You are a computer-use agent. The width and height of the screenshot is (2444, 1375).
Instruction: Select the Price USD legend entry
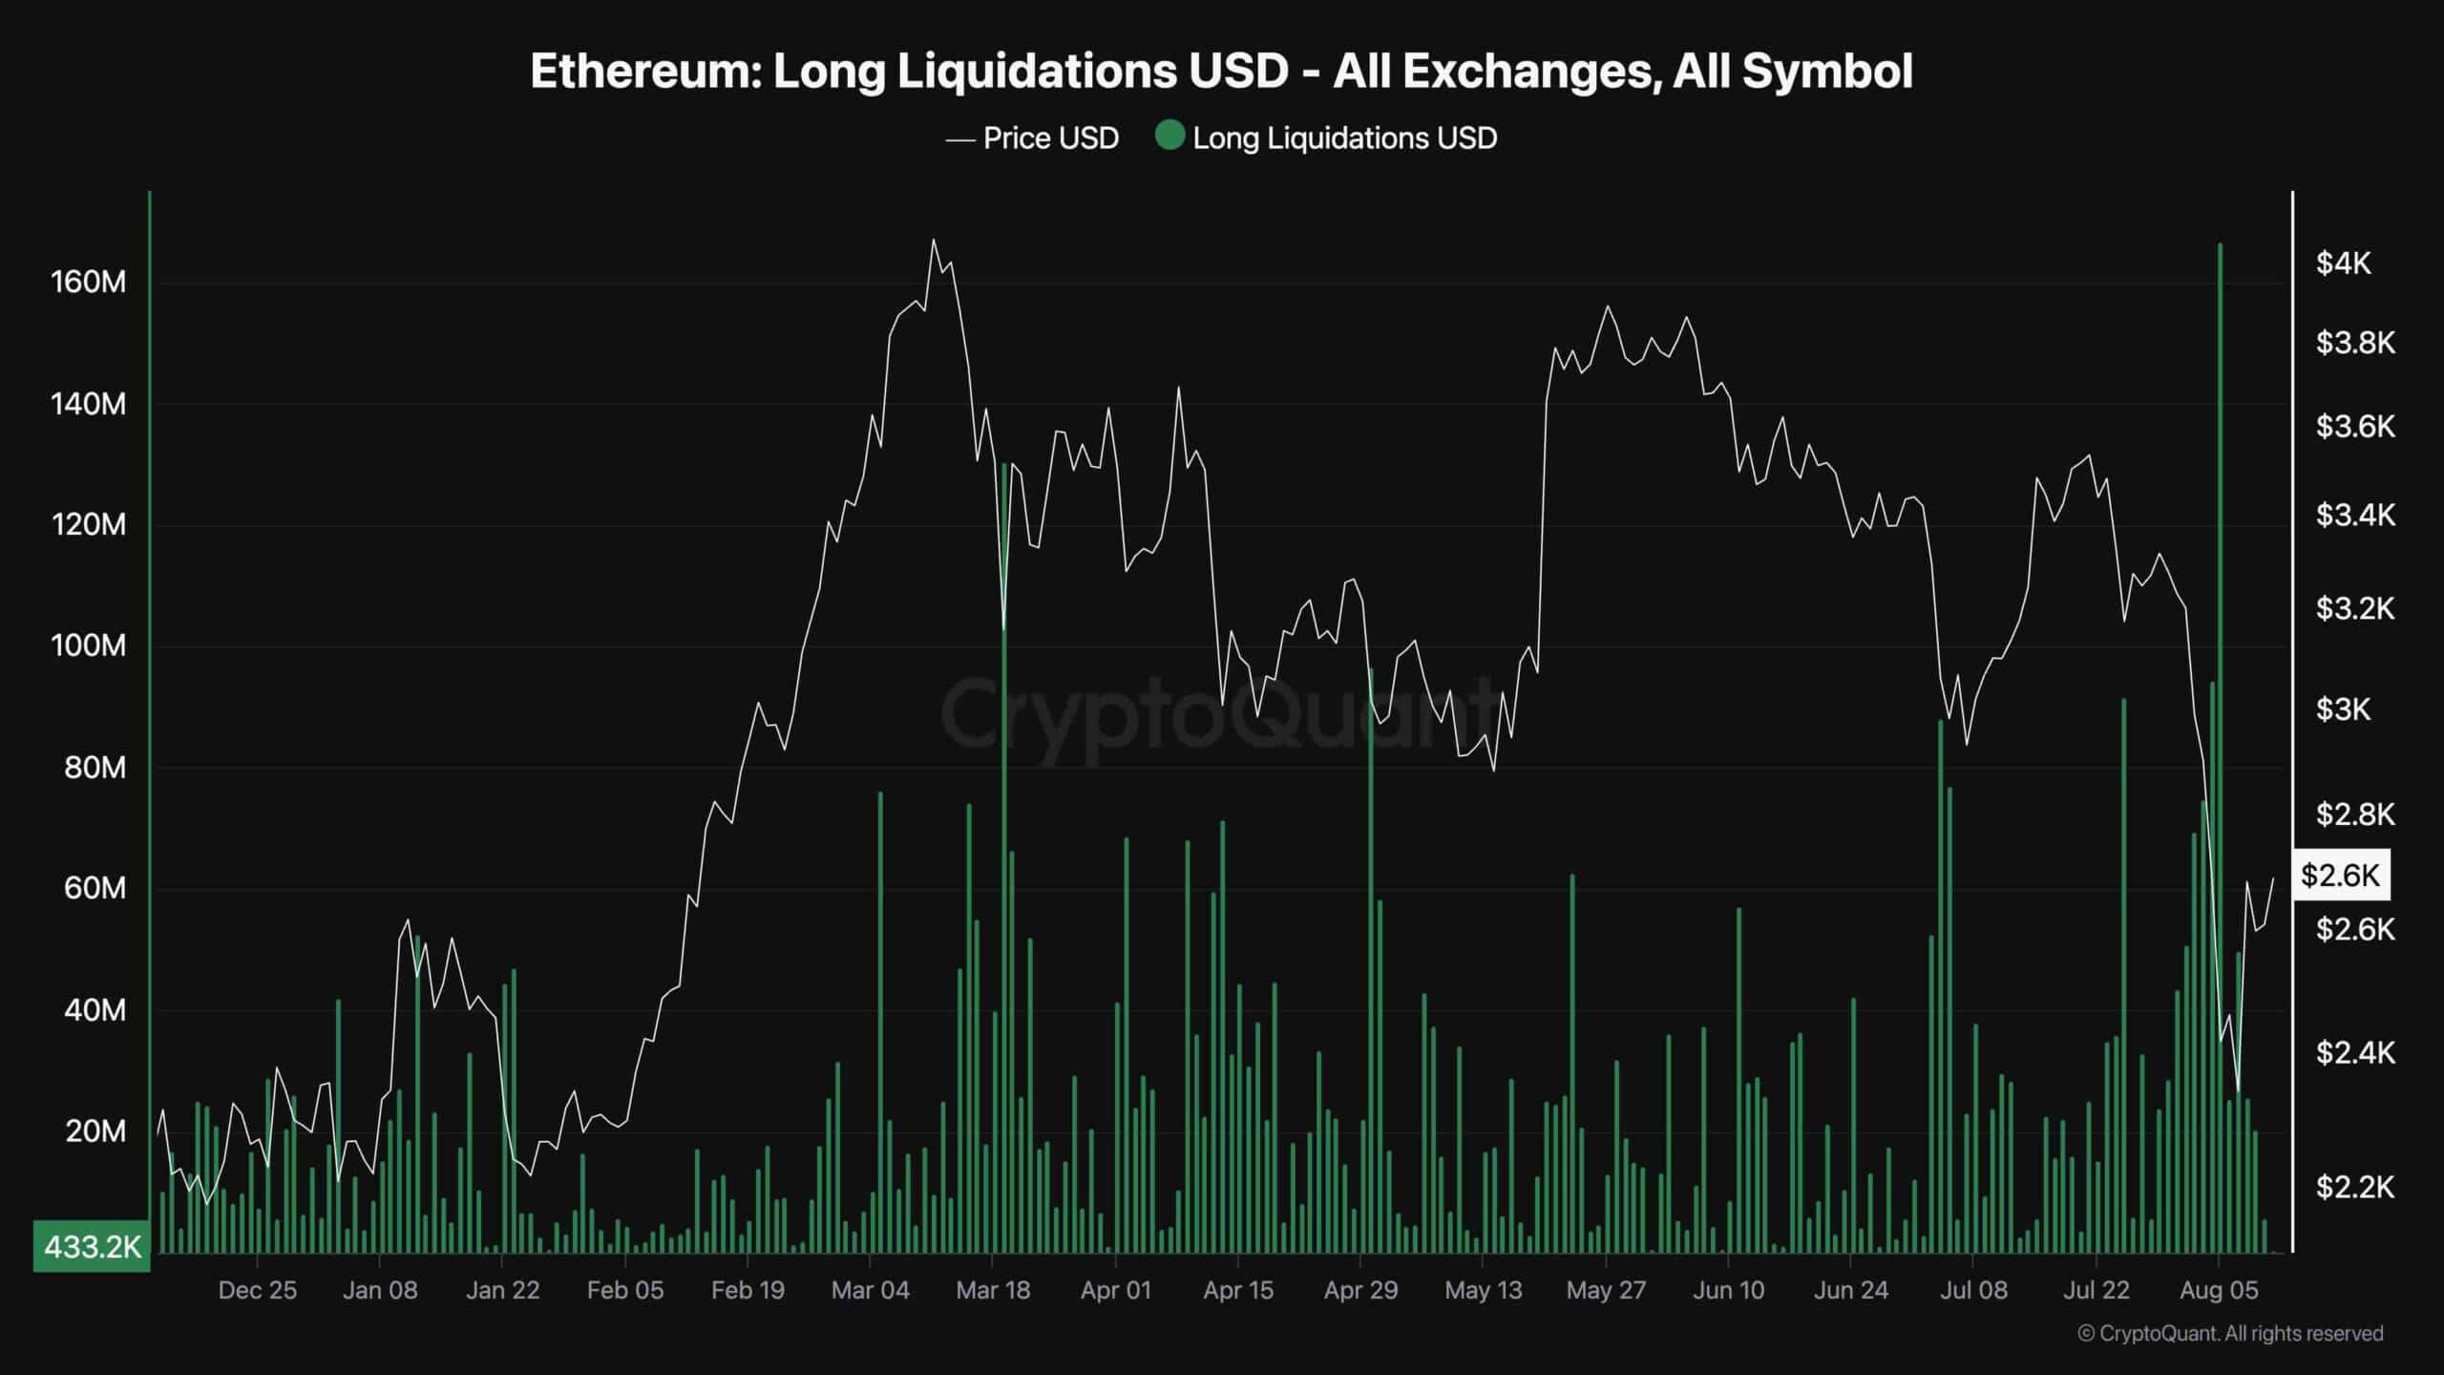[1049, 138]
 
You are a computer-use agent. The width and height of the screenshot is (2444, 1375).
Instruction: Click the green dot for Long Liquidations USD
[1169, 136]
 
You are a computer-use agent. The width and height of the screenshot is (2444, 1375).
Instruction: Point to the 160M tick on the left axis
[88, 283]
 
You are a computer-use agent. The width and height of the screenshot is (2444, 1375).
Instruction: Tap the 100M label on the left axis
[88, 646]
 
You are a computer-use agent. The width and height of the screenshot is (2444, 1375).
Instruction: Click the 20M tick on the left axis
[95, 1132]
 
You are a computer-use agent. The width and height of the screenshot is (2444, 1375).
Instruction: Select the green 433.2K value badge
[92, 1246]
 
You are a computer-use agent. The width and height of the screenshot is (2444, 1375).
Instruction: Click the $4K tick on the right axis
[2343, 264]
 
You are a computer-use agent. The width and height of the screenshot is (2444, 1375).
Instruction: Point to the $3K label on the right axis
[2343, 709]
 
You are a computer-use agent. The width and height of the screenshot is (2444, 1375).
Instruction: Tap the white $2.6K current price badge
[2340, 875]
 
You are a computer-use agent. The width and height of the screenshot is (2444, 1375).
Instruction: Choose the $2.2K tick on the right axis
[2354, 1187]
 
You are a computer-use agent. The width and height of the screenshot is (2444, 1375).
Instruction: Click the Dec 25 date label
[258, 1290]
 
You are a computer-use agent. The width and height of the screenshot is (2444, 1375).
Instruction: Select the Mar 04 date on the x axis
[870, 1290]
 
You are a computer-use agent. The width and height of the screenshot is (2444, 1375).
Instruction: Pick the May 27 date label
[1606, 1290]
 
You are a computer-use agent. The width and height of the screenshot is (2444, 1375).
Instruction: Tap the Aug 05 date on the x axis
[2219, 1290]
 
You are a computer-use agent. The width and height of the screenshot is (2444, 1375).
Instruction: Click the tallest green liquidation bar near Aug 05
[2220, 668]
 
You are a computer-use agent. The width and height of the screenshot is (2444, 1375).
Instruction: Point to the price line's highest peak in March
[933, 241]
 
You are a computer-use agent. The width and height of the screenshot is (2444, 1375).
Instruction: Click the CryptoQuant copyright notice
[2230, 1333]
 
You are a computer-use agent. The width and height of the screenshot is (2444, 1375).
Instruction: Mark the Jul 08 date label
[1973, 1290]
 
